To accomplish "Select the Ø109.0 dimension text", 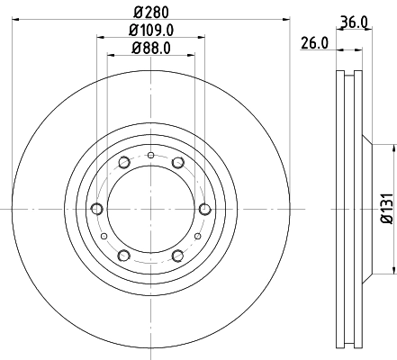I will click(150, 31).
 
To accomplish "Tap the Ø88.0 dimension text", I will click(150, 49).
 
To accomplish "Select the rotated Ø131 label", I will click(385, 208).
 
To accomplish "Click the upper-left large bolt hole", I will click(123, 163).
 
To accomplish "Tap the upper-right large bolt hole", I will click(177, 163).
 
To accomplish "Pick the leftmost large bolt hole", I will click(96, 209).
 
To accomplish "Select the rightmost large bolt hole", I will click(204, 209).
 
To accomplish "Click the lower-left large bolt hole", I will click(123, 255).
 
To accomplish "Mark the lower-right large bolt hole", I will click(177, 255).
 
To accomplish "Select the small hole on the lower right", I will click(196, 236).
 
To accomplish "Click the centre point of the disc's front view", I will click(150, 209).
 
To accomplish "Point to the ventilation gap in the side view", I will click(347, 209).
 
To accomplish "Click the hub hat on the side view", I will click(365, 209).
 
